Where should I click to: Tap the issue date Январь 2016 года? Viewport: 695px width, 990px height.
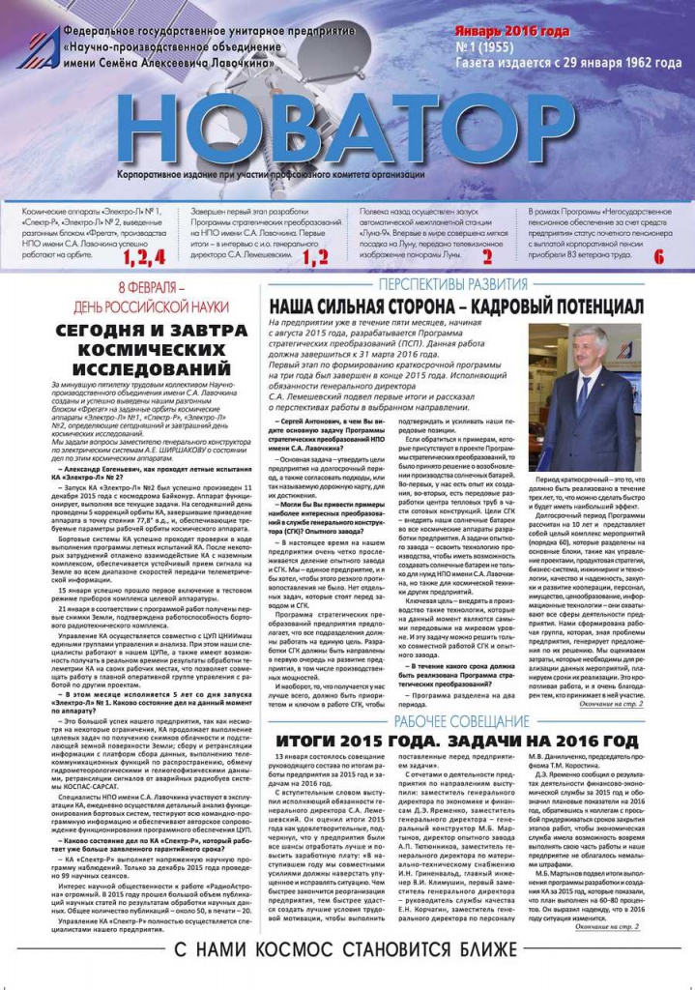pos(511,32)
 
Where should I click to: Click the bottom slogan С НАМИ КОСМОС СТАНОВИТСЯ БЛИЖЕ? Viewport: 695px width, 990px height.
pos(346,949)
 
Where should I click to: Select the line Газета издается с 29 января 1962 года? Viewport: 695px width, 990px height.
pos(567,63)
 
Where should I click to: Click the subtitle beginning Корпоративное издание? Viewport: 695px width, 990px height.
pos(270,174)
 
